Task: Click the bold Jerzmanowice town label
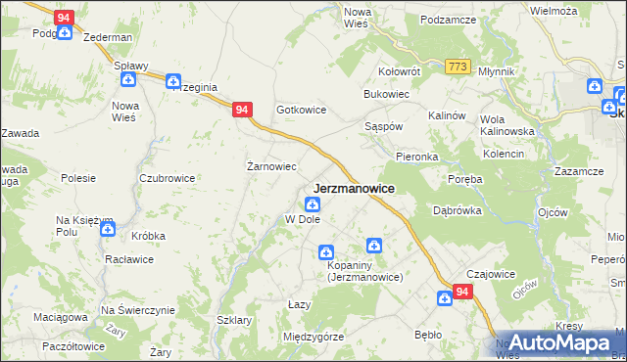[x=354, y=188]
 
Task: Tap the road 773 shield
[x=457, y=66]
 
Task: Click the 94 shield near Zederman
[x=64, y=18]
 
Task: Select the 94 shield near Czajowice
[x=463, y=292]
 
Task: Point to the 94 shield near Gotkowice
[x=242, y=112]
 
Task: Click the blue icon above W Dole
[x=312, y=204]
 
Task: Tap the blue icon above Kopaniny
[x=373, y=245]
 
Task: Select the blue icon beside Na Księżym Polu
[x=108, y=228]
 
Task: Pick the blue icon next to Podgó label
[x=64, y=33]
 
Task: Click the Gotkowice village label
[x=300, y=111]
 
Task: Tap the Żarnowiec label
[x=271, y=166]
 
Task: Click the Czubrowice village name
[x=168, y=178]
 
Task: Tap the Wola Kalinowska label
[x=506, y=125]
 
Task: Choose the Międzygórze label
[x=313, y=337]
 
